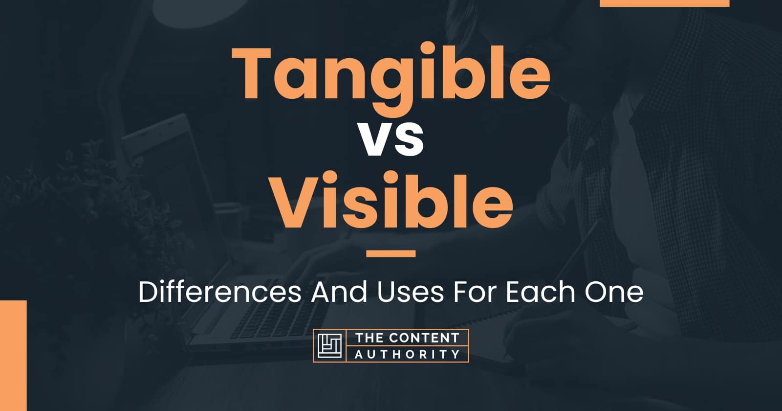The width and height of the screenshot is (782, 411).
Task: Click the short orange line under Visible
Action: tap(391, 253)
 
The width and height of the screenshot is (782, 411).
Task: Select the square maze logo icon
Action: tap(330, 345)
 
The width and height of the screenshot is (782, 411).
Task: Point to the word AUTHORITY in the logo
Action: tap(407, 354)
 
